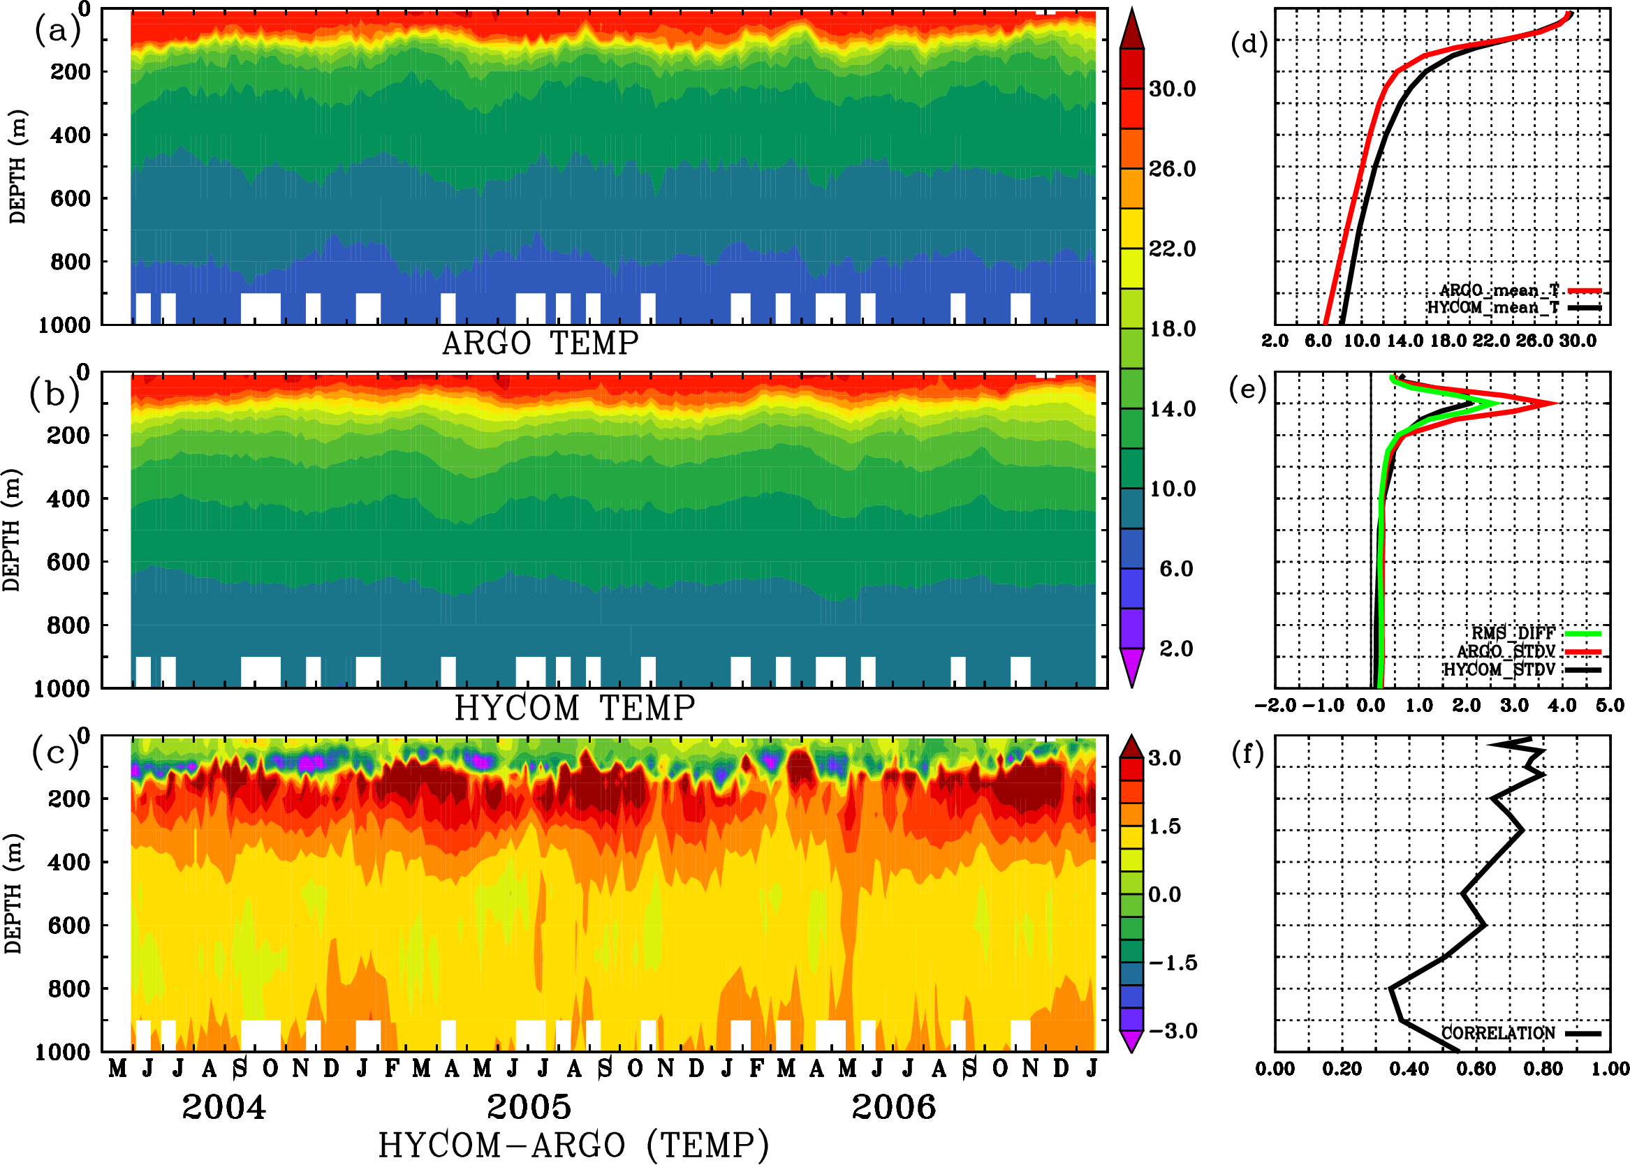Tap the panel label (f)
pyautogui.click(x=1247, y=754)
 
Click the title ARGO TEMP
pyautogui.click(x=540, y=343)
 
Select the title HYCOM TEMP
pyautogui.click(x=574, y=708)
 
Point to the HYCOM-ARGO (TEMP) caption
pyautogui.click(x=573, y=1145)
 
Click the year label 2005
pyautogui.click(x=529, y=1108)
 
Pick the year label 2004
pyautogui.click(x=223, y=1108)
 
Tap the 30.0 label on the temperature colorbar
pyautogui.click(x=1172, y=89)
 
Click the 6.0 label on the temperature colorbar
pyautogui.click(x=1175, y=569)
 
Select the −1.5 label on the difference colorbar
pyautogui.click(x=1172, y=963)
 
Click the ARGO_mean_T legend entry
pyautogui.click(x=1499, y=290)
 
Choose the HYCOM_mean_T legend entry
pyautogui.click(x=1493, y=308)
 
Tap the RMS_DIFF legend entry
pyautogui.click(x=1513, y=633)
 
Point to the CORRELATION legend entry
pyautogui.click(x=1499, y=1034)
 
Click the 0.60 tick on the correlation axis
pyautogui.click(x=1476, y=1069)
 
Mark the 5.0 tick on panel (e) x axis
pyautogui.click(x=1610, y=706)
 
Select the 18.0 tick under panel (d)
pyautogui.click(x=1448, y=341)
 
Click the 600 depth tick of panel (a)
pyautogui.click(x=71, y=199)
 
